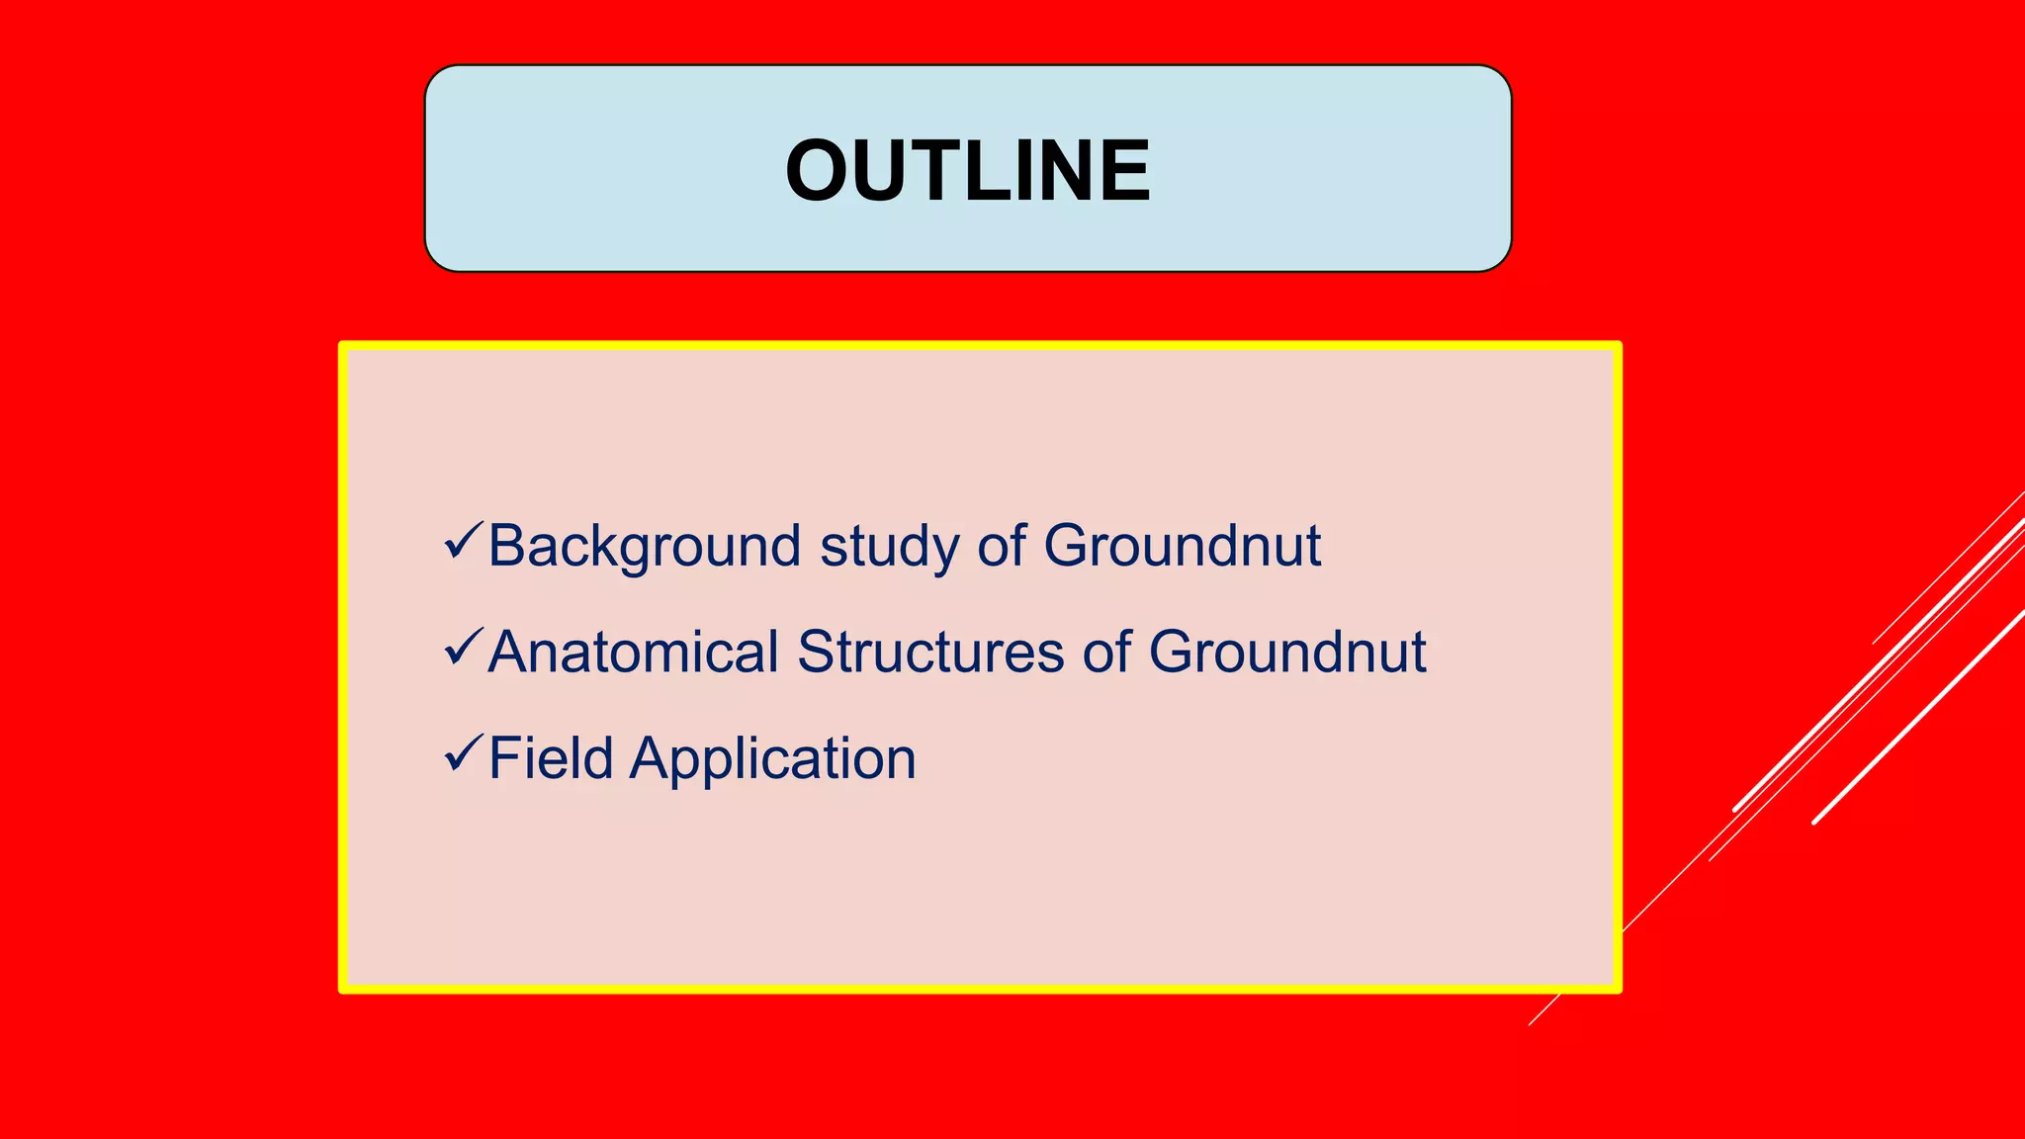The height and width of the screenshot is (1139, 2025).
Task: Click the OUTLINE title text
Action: [968, 170]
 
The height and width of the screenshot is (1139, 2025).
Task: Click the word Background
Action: [644, 546]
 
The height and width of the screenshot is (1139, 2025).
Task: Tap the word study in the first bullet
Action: [889, 546]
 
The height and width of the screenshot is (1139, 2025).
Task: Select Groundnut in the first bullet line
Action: [1182, 546]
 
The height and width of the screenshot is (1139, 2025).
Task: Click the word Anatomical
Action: [634, 653]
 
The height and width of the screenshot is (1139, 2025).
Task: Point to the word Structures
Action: [930, 653]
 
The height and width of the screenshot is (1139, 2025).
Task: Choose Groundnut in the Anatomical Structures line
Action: [1286, 653]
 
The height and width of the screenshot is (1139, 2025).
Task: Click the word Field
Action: [551, 758]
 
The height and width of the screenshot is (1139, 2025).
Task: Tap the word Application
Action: [773, 758]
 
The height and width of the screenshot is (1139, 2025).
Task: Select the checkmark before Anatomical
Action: [463, 647]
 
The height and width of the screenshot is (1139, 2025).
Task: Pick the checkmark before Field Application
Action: [463, 752]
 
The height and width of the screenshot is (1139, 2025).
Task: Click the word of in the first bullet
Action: [1001, 546]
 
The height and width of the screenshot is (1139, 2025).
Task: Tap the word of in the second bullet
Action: [1105, 653]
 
